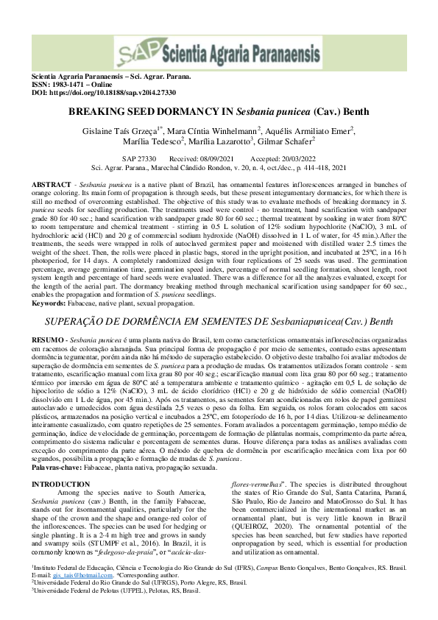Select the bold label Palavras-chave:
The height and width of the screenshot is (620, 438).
60,447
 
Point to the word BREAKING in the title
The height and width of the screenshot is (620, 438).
95,111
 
